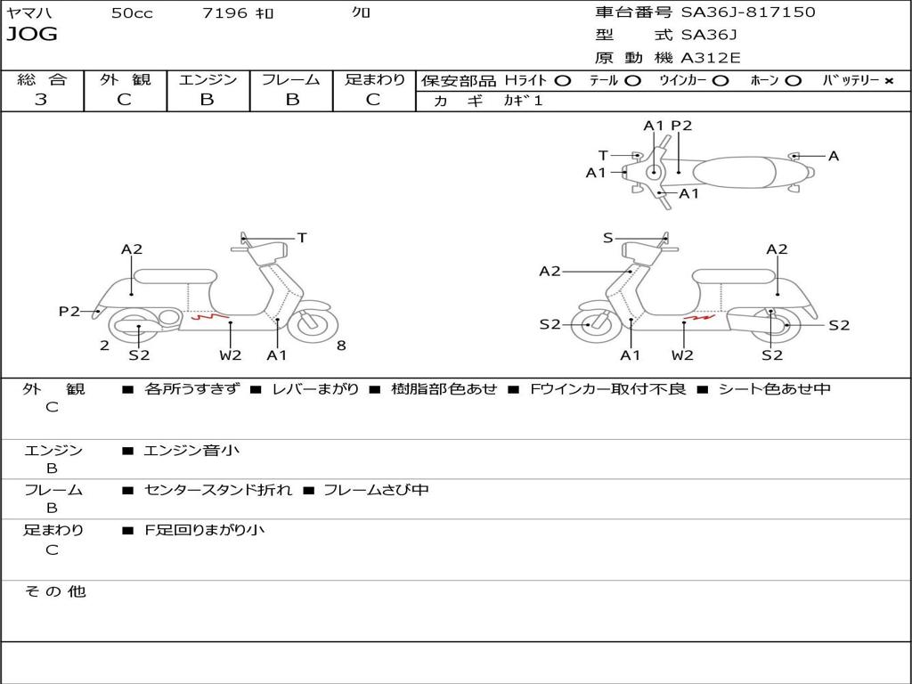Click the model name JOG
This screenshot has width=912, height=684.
32,35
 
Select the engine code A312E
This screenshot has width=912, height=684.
711,58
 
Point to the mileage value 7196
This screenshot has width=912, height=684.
226,13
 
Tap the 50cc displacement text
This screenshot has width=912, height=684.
132,13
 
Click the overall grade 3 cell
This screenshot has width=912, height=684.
41,100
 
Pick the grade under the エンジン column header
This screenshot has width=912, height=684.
208,100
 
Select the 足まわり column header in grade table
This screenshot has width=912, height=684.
375,79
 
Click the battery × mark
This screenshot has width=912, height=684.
888,80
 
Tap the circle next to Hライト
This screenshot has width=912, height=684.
562,80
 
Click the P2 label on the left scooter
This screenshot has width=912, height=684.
69,311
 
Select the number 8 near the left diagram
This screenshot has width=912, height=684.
341,346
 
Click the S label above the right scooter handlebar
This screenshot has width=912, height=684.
607,238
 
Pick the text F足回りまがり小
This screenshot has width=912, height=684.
204,530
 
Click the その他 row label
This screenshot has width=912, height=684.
54,591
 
